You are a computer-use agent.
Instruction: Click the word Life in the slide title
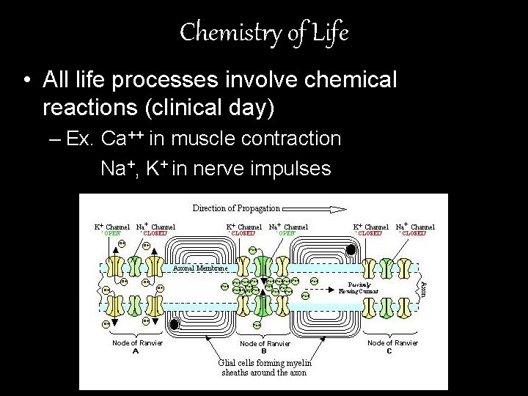coord(329,32)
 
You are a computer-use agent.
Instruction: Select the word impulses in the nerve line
coord(291,169)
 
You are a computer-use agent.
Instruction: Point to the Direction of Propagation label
coord(236,208)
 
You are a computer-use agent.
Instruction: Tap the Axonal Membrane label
coord(195,268)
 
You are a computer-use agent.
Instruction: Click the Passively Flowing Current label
coord(359,287)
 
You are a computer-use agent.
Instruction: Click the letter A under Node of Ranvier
coord(136,351)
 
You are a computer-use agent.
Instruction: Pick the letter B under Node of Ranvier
coord(264,351)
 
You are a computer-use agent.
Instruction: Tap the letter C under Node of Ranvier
coord(389,351)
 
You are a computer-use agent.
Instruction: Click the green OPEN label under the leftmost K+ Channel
coord(111,233)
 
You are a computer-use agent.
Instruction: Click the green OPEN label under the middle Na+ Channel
coord(287,233)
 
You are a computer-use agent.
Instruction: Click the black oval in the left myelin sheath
coord(175,324)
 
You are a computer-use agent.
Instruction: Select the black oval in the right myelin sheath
coord(351,251)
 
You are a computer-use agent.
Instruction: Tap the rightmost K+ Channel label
coord(371,227)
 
